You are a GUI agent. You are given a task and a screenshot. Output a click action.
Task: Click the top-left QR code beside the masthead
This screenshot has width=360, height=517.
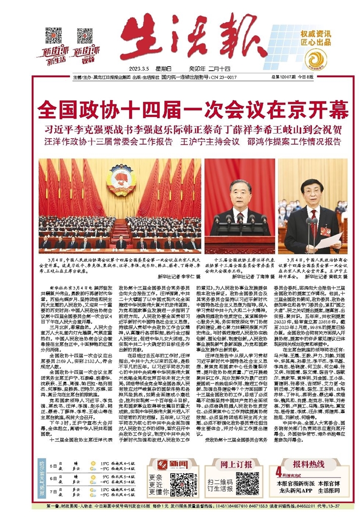point(53,35)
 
